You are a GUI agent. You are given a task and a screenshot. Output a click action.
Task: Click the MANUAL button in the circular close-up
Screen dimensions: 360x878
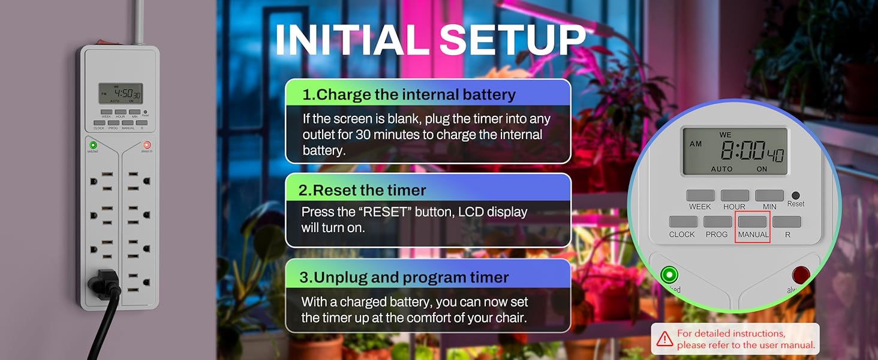tap(752, 222)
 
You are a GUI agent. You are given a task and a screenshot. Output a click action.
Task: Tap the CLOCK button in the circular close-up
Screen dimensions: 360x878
tap(682, 222)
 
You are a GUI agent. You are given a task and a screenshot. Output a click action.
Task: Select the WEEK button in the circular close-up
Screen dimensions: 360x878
tap(700, 196)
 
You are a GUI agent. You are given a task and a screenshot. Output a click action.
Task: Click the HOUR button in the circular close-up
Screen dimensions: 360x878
tap(734, 196)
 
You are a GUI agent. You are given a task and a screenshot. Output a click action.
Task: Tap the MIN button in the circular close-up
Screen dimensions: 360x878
tap(769, 196)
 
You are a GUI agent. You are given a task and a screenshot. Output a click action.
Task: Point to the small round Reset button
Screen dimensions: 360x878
tap(796, 195)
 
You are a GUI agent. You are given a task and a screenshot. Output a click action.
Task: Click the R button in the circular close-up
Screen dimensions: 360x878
tap(787, 222)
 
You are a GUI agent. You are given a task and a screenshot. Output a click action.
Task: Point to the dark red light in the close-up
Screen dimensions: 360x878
tap(800, 275)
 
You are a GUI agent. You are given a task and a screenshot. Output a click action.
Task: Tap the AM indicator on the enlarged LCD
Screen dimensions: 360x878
tap(696, 144)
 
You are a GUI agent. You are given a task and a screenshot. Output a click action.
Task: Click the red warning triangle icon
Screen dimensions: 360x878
tap(664, 339)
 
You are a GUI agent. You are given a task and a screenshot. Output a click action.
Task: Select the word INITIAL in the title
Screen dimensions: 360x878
tap(353, 41)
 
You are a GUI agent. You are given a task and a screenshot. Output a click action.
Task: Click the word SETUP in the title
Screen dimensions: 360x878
tap(513, 41)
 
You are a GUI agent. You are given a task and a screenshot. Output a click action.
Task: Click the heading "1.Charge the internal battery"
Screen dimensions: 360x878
tap(409, 94)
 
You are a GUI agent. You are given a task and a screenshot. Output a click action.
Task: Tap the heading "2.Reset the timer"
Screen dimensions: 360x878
tap(363, 190)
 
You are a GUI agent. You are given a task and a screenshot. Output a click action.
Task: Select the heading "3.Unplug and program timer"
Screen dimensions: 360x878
tap(404, 277)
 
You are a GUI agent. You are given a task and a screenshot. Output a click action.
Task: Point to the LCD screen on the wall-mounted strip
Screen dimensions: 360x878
tap(121, 94)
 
